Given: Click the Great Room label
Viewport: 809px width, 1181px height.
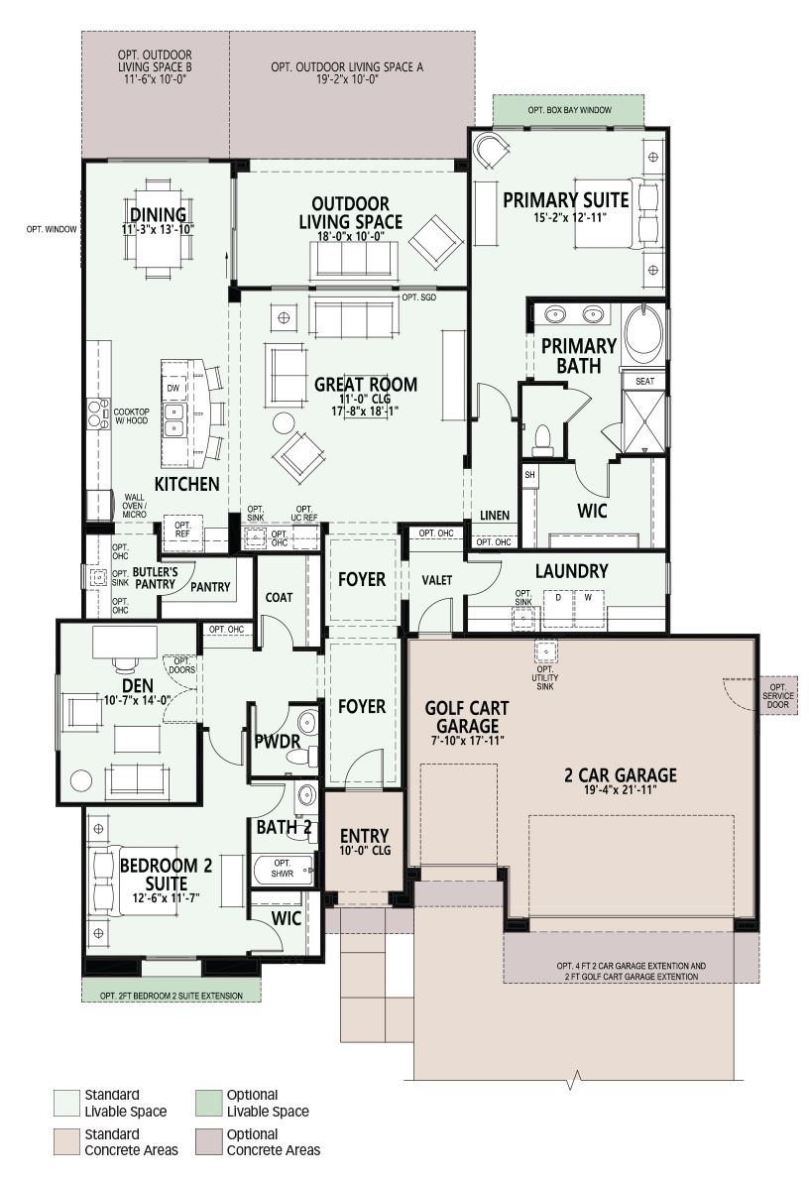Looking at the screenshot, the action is [x=365, y=384].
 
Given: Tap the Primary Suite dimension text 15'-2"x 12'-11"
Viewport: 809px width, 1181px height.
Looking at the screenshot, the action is [x=566, y=218].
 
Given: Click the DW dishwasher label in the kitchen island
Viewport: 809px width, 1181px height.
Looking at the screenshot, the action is [x=173, y=388].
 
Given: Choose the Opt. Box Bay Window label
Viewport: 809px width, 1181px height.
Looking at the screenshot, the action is [x=569, y=110].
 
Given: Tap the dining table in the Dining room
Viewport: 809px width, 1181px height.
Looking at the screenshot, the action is [x=159, y=224].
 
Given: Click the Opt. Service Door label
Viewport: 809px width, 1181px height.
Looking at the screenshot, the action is [x=778, y=695].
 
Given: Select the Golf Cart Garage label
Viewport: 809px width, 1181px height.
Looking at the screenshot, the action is [x=467, y=717].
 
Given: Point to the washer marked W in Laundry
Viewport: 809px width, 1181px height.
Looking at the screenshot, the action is [x=588, y=608].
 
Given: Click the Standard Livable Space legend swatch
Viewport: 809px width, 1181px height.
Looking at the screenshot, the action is [x=66, y=1104].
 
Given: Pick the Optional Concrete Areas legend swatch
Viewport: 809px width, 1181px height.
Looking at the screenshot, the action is [x=208, y=1142].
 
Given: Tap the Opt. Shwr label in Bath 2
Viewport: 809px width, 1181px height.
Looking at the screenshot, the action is [x=283, y=869].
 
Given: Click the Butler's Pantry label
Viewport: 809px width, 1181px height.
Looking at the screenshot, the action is [x=156, y=578].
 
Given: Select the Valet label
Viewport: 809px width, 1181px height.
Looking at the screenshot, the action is [x=437, y=580].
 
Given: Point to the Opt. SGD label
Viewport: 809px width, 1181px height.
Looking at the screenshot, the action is [x=418, y=297].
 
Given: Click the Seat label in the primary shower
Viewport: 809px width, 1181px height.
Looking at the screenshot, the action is [x=644, y=381].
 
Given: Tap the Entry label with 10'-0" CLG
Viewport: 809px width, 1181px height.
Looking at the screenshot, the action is [x=365, y=842].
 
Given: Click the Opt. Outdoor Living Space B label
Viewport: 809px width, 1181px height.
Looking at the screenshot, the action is [x=155, y=66].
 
